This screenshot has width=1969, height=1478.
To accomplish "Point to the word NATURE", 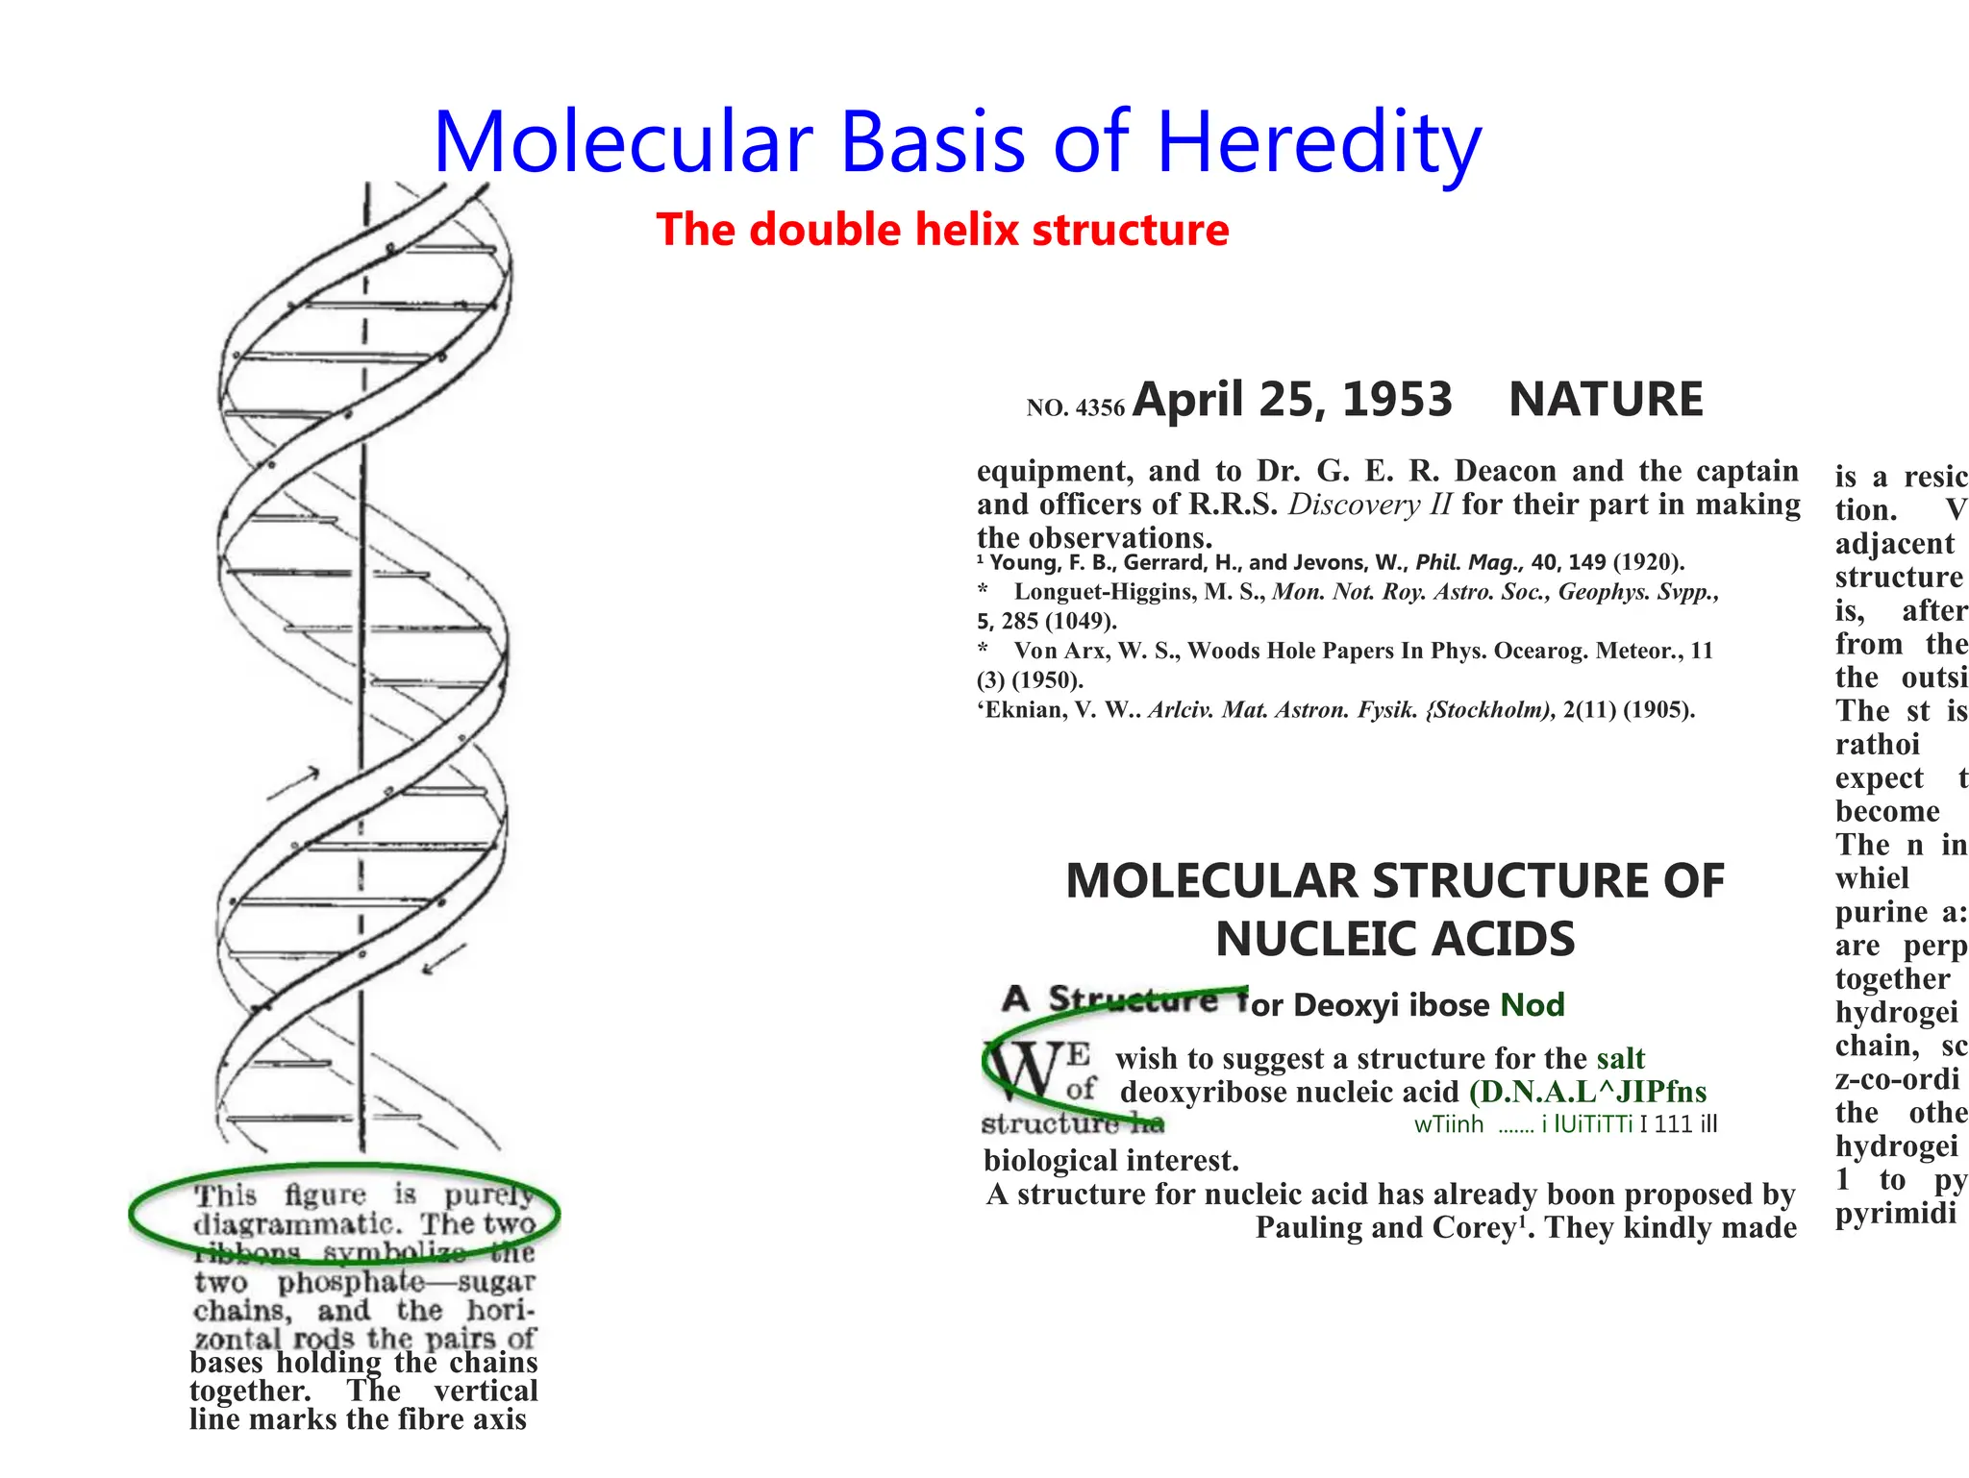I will [x=1606, y=399].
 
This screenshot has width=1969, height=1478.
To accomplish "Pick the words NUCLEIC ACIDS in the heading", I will [x=1395, y=939].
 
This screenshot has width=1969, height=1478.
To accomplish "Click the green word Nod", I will [x=1533, y=1005].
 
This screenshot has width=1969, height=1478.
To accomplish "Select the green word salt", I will [x=1621, y=1059].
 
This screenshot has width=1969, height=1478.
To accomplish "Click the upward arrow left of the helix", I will [x=293, y=784].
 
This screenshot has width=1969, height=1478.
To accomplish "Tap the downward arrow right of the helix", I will [x=444, y=958].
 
